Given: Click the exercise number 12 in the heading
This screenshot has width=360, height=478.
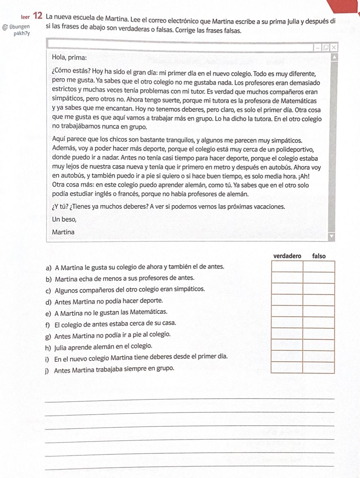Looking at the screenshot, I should click(37, 16).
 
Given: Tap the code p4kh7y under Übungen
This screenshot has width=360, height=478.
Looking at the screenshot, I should click(22, 33).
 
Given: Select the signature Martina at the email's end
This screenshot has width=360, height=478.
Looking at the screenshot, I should click(64, 232).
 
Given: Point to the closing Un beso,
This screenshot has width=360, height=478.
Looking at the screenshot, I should click(64, 219).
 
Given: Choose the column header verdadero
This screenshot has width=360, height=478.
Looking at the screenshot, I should click(287, 256).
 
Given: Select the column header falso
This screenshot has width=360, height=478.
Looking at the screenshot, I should click(319, 256).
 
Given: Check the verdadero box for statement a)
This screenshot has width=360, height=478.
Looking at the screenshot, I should click(287, 267).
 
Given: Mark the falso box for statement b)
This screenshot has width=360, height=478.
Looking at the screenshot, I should click(319, 278).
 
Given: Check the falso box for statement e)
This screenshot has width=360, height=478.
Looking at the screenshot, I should click(319, 311).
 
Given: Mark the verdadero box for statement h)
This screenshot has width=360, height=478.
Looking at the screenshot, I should click(287, 345).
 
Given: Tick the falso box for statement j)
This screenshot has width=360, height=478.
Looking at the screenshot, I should click(319, 368).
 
